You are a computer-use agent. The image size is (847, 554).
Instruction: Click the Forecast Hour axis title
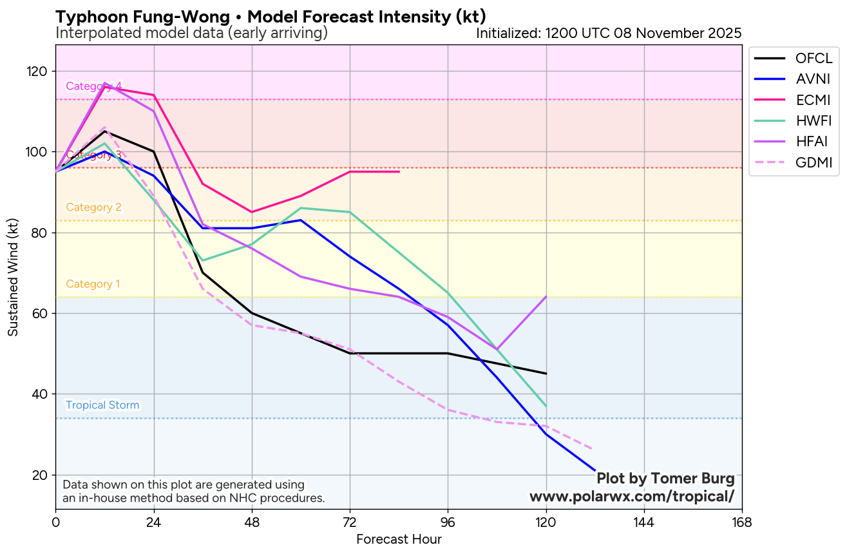[x=399, y=539]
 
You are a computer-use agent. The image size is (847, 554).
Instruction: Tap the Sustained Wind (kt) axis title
[x=13, y=277]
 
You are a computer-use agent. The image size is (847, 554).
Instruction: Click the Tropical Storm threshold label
[x=102, y=405]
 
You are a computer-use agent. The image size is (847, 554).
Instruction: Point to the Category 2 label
[x=93, y=207]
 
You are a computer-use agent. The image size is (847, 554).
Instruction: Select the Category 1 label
[x=93, y=284]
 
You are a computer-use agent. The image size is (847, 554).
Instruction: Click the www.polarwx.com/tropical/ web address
[x=631, y=497]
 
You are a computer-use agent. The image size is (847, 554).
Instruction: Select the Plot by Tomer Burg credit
[x=665, y=479]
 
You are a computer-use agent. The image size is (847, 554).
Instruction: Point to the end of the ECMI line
[x=399, y=171]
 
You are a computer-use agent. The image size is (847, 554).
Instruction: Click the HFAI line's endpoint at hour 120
[x=546, y=296]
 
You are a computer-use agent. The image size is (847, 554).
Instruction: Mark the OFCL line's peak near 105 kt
[x=104, y=131]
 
